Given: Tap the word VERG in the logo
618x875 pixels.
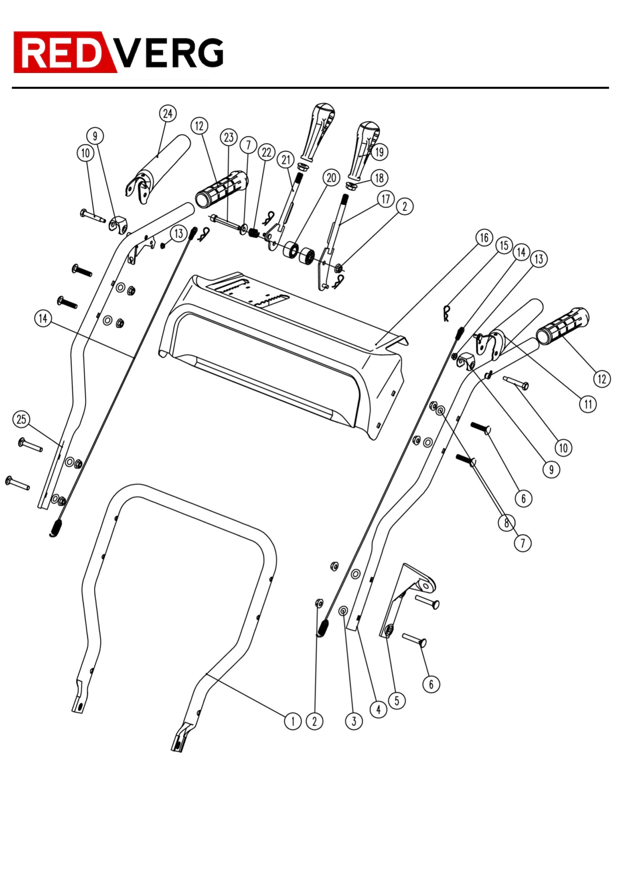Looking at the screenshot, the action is coord(169,53).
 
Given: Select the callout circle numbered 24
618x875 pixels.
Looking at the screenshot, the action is coord(167,113).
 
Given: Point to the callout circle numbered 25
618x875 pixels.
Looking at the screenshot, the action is coord(21,419).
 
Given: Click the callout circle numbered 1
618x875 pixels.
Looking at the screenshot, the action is coord(292,722).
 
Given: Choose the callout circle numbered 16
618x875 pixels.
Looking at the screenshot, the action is coord(484,238).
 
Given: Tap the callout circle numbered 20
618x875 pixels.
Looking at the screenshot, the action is coord(331,178).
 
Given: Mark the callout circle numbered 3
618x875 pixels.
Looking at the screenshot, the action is coord(354,722).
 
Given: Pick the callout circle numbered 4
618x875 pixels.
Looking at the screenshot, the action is coord(378,710).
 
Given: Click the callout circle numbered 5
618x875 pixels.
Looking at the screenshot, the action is coord(397,701).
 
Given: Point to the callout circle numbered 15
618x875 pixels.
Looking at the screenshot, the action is coord(504,246).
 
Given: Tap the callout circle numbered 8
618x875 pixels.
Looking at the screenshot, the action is coord(507,523).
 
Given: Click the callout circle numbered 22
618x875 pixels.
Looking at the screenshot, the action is coord(267,152).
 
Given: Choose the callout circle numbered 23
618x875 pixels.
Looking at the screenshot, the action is coord(228,138).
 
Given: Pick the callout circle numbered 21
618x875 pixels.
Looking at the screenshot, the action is coord(286,160).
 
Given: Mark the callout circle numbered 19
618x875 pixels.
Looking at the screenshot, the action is coord(379,152).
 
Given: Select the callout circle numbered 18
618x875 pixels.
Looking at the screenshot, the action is coord(379,178).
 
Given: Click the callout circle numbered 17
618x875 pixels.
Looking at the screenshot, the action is coord(386,199).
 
